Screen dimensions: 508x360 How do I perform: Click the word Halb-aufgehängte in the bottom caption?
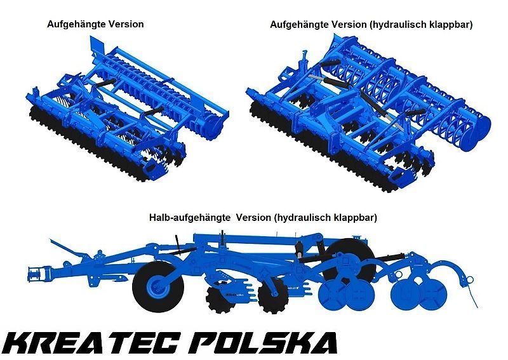(x=189, y=217)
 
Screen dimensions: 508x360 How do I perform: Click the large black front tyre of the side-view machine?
(x=157, y=286)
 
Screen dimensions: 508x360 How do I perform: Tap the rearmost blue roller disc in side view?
(x=432, y=295)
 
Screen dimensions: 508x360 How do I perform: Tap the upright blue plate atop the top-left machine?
(x=97, y=46)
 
